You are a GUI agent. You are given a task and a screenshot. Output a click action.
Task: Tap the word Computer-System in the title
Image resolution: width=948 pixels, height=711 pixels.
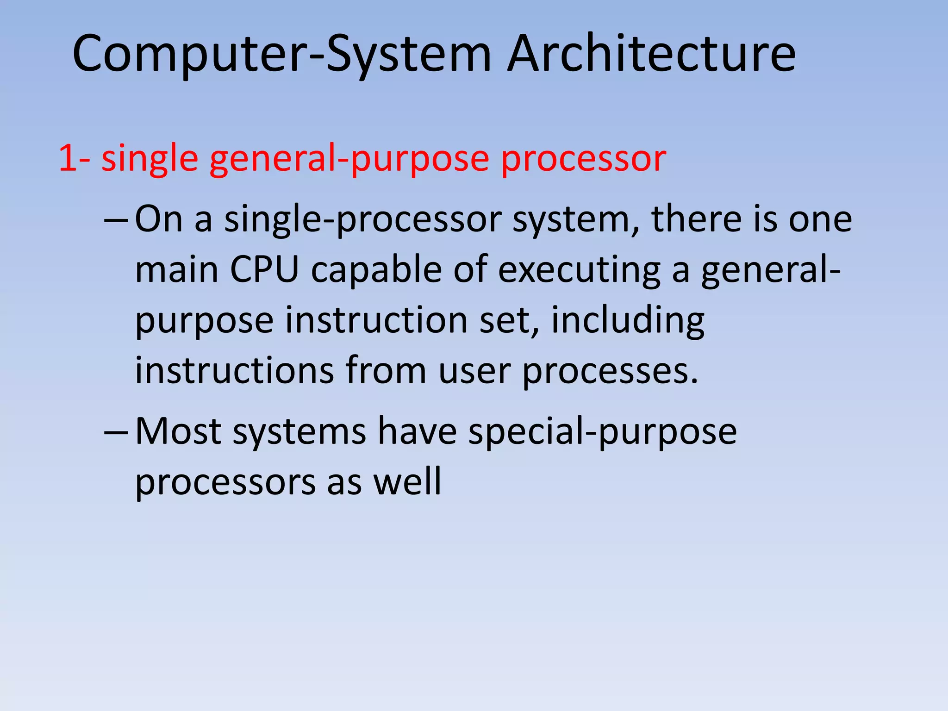tap(281, 55)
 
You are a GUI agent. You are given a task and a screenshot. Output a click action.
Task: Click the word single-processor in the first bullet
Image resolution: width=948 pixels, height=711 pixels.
tap(363, 220)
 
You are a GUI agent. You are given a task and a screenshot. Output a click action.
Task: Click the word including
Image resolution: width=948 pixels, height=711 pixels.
tap(628, 321)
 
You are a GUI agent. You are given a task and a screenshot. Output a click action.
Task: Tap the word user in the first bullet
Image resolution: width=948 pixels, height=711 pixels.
tap(474, 371)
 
